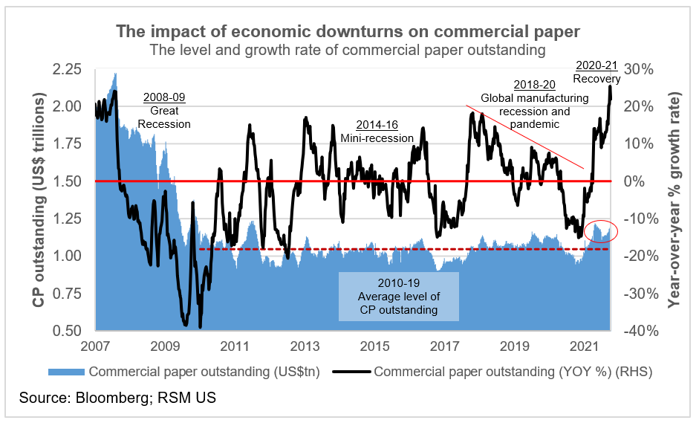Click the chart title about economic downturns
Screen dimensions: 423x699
click(x=348, y=32)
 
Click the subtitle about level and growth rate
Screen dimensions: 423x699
click(x=348, y=51)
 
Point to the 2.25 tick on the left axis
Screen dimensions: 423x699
click(x=68, y=69)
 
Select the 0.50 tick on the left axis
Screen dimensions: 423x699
click(x=68, y=330)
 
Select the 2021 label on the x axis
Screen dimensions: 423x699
click(x=585, y=346)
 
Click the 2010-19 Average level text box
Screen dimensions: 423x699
click(x=399, y=297)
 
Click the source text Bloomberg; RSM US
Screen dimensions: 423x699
click(x=118, y=398)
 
